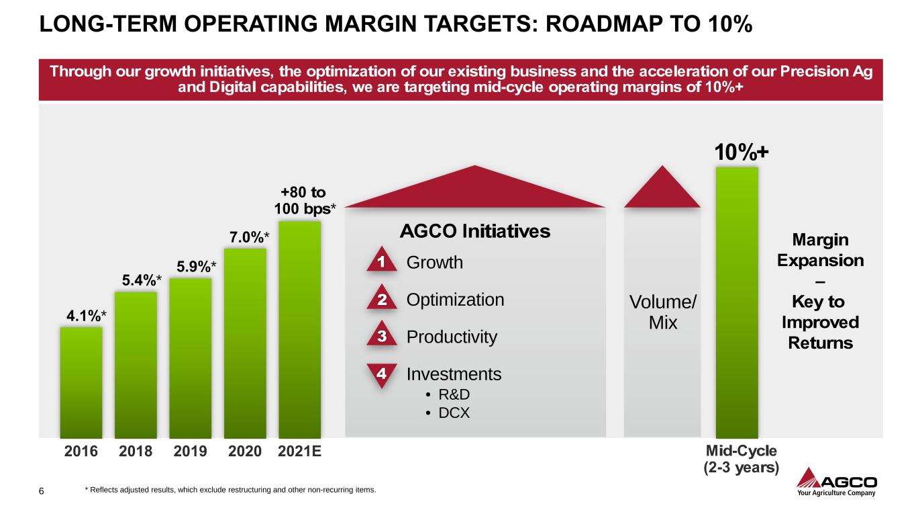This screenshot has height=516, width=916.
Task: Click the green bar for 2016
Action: (81, 382)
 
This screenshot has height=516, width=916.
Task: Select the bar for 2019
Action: (191, 357)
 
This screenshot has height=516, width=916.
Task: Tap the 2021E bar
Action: (299, 329)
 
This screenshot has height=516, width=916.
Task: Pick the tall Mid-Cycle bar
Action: (737, 302)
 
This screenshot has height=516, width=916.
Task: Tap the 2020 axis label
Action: (244, 452)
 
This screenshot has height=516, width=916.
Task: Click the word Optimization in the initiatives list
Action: (455, 300)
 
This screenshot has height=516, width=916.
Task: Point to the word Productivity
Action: (452, 337)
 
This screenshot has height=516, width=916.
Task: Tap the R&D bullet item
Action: (454, 394)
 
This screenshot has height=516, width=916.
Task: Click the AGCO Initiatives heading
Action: (474, 232)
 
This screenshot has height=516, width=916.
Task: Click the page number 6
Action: (42, 491)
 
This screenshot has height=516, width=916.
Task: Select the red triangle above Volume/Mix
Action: (663, 188)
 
